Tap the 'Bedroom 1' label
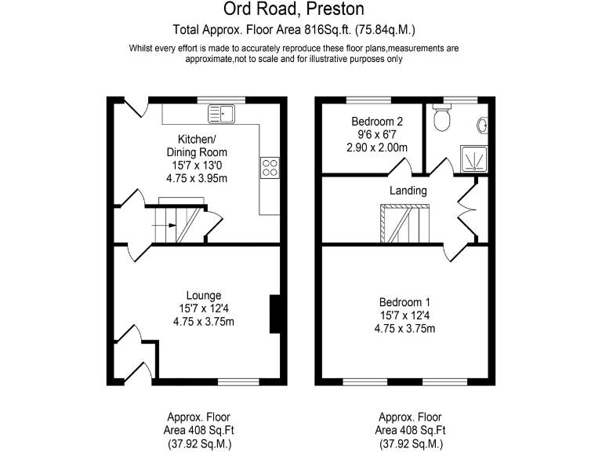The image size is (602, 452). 404,301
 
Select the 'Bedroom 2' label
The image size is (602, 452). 377,122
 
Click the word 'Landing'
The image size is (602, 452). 408,191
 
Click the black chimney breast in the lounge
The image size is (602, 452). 274,314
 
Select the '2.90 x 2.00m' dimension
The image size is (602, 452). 377,148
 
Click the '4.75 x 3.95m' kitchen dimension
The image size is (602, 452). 197,178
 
